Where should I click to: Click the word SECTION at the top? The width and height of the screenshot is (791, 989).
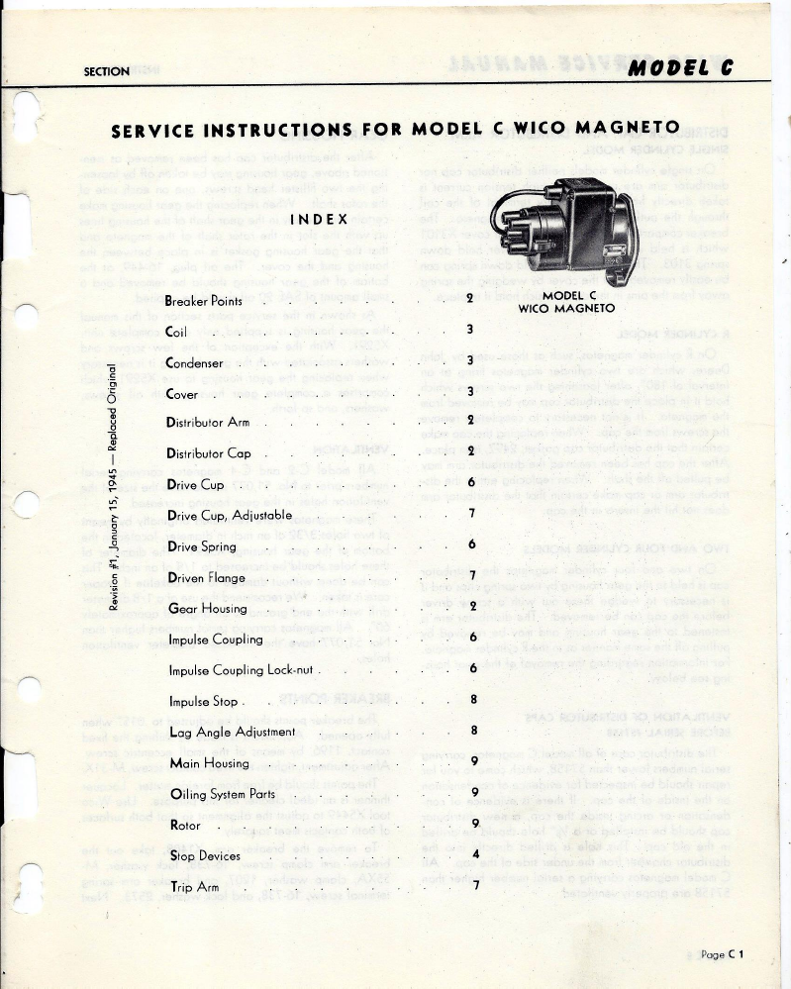pyautogui.click(x=108, y=71)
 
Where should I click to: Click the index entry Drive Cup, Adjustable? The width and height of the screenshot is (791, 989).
pyautogui.click(x=229, y=516)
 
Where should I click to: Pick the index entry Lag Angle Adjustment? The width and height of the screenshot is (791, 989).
pyautogui.click(x=232, y=732)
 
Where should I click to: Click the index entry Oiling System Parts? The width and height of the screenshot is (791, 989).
pyautogui.click(x=223, y=794)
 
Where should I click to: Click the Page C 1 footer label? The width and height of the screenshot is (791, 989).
pyautogui.click(x=721, y=954)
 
